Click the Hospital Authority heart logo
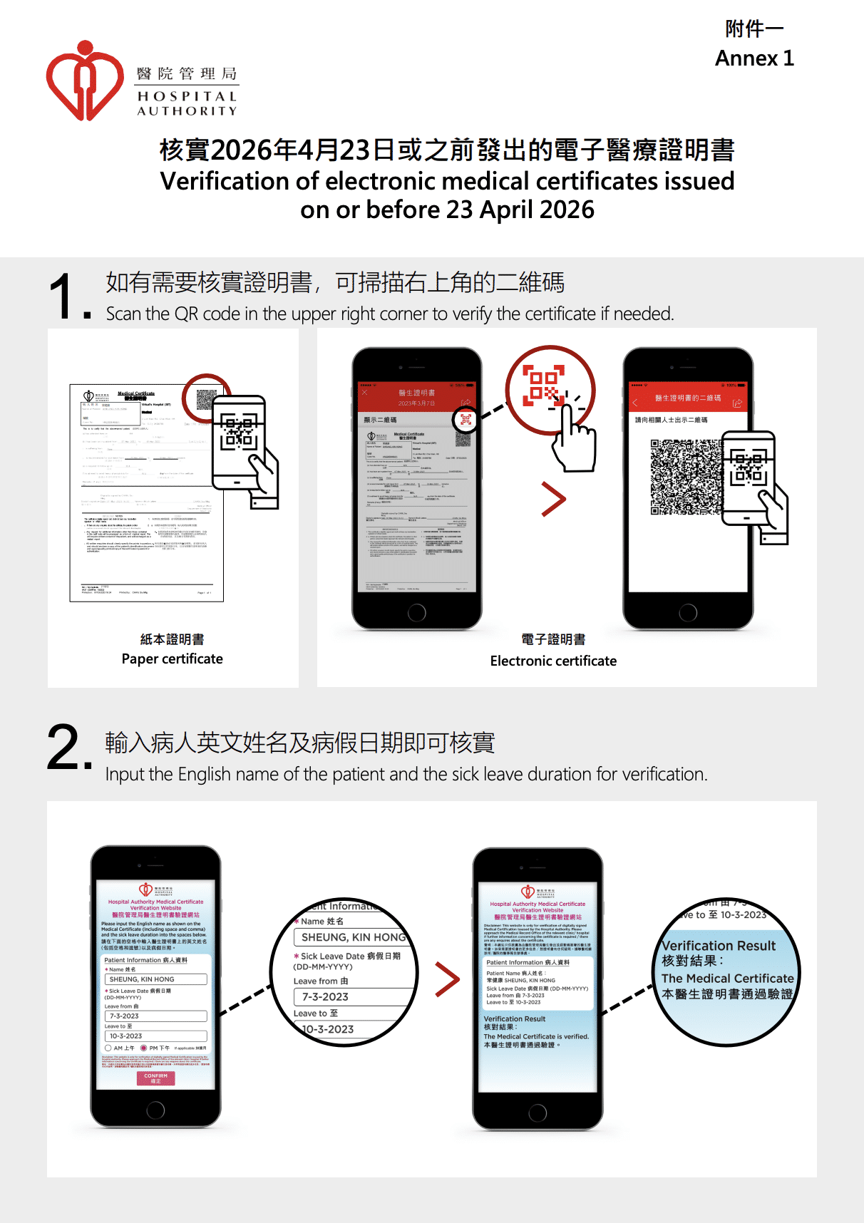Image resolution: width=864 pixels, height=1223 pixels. [84, 81]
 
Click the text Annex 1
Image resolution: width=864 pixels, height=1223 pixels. [754, 58]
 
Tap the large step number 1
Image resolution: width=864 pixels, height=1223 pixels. [63, 296]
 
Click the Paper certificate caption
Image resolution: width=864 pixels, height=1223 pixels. [172, 659]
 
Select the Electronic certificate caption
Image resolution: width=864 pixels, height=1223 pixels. [553, 661]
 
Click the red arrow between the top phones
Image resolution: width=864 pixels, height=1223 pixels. [553, 499]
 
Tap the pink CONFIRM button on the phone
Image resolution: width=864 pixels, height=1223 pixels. [155, 1078]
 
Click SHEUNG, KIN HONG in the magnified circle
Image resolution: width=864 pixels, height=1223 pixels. [353, 937]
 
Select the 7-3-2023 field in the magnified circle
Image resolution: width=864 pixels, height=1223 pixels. [325, 996]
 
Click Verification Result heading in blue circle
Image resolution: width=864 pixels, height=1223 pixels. [718, 946]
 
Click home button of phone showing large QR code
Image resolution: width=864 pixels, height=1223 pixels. [688, 612]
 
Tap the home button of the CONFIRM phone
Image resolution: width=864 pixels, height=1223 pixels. [155, 1110]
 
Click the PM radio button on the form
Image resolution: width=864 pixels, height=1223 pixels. [144, 1048]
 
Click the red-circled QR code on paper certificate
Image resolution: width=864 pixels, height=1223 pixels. [206, 399]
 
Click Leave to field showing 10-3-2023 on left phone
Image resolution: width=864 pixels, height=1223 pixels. [155, 1036]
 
